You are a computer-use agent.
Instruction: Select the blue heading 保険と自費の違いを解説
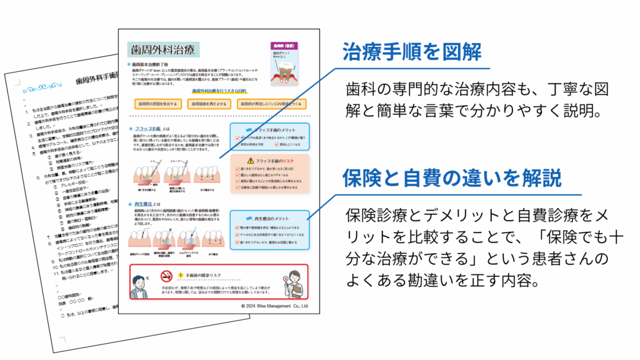(x=452, y=178)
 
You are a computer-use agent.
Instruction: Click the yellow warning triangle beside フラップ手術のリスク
(x=251, y=160)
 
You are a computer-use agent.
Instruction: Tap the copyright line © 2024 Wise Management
(x=274, y=307)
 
